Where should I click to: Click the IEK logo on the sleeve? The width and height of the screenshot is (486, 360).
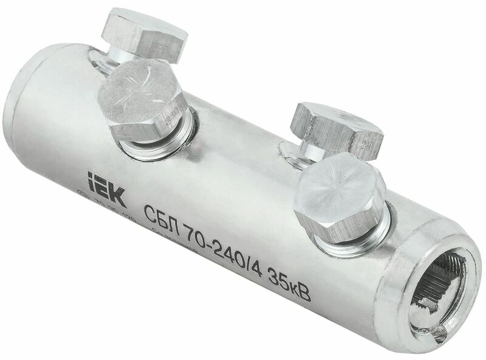pos(106,189)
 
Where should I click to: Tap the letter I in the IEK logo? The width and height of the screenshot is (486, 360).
pos(92,182)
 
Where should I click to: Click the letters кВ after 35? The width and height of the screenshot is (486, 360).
pos(300,292)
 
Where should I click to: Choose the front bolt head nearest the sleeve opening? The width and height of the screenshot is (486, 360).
pos(341,196)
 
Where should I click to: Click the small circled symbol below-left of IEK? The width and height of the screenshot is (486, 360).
pos(84,196)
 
